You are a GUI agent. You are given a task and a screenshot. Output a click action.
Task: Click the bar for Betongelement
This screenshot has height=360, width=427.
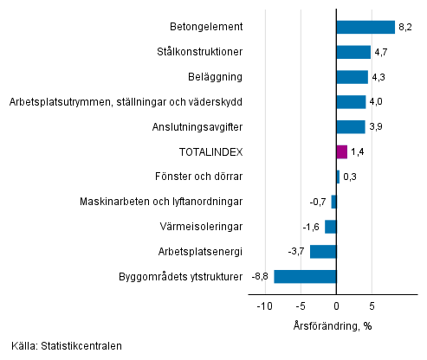(365, 27)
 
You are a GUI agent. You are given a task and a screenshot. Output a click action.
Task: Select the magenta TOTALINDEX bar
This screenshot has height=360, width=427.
(341, 152)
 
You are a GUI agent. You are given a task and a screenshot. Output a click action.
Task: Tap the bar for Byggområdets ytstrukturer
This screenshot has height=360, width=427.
(305, 277)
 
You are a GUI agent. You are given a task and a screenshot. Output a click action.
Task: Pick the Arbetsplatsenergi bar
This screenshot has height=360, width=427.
(323, 252)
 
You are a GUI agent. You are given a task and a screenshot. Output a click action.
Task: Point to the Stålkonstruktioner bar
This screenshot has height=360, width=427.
(353, 52)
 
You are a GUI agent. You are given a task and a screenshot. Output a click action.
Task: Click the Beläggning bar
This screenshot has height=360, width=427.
(352, 77)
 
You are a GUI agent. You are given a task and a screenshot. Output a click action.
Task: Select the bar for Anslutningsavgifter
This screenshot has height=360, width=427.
(350, 127)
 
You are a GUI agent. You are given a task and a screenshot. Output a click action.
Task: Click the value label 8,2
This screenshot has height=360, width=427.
(404, 27)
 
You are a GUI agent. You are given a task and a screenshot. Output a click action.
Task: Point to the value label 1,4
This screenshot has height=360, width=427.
(358, 152)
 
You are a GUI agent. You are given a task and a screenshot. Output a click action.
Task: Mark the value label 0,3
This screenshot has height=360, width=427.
(350, 177)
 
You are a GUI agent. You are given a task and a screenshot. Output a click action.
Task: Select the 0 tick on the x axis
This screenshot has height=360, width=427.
(336, 305)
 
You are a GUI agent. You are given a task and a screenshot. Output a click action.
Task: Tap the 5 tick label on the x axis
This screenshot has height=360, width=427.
(372, 305)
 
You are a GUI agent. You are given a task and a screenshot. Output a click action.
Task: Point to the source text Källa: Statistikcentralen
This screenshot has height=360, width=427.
(67, 347)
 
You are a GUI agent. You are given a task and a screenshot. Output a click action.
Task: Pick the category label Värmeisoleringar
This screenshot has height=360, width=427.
(201, 227)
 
